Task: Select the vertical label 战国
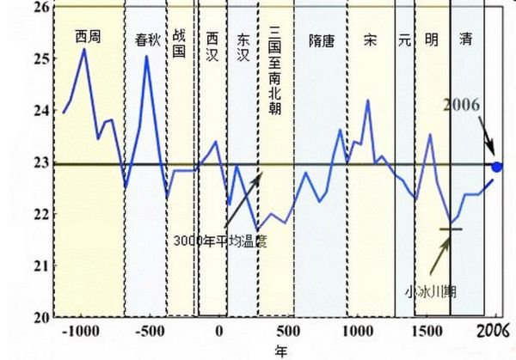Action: point(180,44)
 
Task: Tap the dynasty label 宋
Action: point(371,39)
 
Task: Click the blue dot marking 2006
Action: point(497,165)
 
